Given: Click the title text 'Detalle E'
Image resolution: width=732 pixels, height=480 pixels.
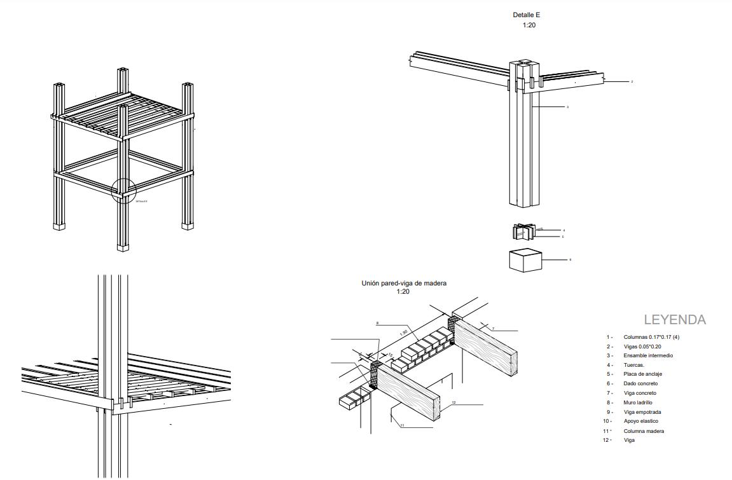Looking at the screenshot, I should tap(527, 15).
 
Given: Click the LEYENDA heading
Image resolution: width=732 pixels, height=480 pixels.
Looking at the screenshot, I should tap(675, 320).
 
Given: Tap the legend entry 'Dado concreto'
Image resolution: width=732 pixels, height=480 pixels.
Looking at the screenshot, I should tap(640, 383).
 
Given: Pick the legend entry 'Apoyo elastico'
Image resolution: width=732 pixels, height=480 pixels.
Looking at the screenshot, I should tap(640, 421).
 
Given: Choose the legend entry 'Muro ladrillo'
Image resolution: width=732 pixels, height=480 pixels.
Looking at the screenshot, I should tap(638, 402).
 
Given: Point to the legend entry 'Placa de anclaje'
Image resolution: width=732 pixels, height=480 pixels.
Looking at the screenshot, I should tap(642, 374).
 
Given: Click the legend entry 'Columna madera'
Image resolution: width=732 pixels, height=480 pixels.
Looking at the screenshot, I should tap(644, 431).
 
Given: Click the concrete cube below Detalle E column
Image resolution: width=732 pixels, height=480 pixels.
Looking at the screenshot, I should tap(525, 260).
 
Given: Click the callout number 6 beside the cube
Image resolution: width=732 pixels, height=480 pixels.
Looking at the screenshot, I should tap(570, 259).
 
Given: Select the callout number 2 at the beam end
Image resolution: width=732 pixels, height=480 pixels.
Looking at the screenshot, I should tap(632, 81).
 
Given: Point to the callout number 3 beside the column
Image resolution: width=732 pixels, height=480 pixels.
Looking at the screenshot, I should tap(567, 107).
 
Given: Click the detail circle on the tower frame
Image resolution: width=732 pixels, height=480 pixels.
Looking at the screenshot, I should tap(123, 189).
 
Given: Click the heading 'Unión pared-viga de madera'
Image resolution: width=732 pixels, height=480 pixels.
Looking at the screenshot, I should tap(404, 283).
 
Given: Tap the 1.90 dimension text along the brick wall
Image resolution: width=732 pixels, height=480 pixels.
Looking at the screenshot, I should tap(404, 333).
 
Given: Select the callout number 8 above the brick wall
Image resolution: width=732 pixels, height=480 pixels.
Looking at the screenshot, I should tap(377, 324).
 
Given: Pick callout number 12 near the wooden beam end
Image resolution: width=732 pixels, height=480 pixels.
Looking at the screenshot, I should tap(453, 402).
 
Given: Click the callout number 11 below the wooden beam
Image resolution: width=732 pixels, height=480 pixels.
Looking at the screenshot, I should tap(403, 425).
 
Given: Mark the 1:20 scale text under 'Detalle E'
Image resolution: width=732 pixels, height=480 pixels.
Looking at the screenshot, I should tap(529, 25).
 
